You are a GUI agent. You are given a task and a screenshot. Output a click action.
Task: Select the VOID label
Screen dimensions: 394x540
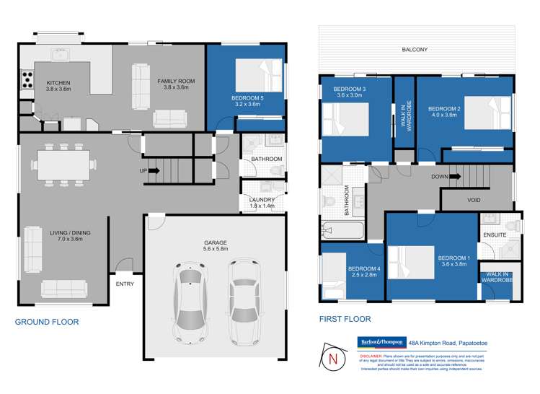pos(474,200)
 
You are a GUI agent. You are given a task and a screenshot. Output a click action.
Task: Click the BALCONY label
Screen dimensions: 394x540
pos(416,50)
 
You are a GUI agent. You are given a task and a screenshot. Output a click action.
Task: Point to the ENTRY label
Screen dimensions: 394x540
pos(125,284)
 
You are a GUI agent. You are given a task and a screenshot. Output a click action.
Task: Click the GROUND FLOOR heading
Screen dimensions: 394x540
pos(47,322)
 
